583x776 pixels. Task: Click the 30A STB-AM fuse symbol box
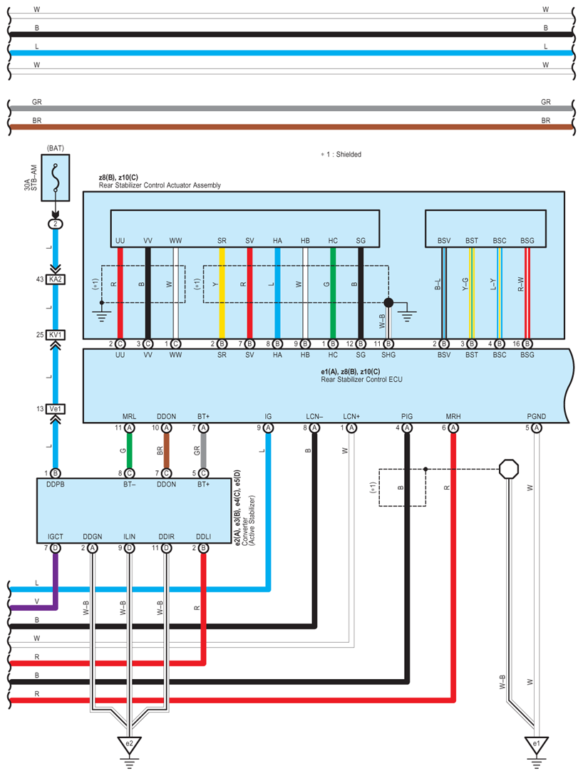coord(55,177)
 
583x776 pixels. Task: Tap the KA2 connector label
coord(56,279)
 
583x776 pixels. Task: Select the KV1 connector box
coord(56,335)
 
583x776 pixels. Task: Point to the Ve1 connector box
coord(56,409)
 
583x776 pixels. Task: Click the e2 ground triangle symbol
coord(129,745)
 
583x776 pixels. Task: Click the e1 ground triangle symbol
coord(537,745)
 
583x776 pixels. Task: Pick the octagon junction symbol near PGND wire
coord(509,469)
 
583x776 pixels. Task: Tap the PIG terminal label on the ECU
coord(407,417)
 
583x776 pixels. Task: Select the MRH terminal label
coord(453,417)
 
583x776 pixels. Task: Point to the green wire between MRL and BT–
coord(129,450)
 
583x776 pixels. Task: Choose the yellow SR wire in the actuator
coord(222,293)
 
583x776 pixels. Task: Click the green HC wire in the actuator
coord(333,293)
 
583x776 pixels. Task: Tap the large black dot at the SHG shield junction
coord(388,302)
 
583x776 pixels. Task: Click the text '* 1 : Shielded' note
coord(341,155)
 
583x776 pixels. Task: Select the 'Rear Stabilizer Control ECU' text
coord(361,380)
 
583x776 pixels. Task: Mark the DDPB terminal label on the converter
coord(56,485)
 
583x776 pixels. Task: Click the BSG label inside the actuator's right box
coord(527,241)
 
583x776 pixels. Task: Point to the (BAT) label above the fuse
coord(56,148)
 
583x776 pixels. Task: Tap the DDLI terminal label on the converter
coord(203,537)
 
